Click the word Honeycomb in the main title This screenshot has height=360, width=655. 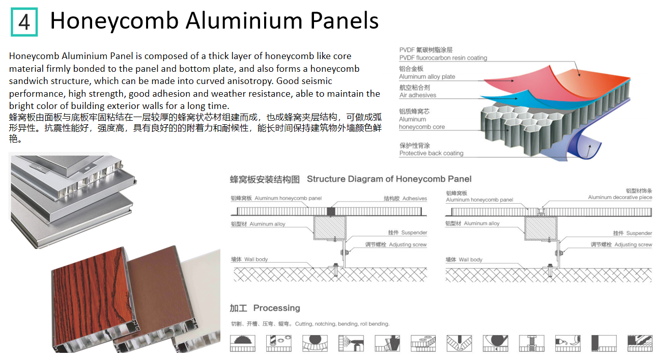click(x=114, y=21)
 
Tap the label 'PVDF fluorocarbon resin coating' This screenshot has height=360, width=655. click(x=443, y=58)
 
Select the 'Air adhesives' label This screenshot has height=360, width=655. click(x=418, y=95)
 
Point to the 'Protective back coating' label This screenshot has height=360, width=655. click(x=431, y=153)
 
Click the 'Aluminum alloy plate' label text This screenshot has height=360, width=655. click(x=427, y=77)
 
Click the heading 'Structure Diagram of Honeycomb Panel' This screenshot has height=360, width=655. click(x=389, y=179)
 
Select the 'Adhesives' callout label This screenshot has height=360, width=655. click(x=414, y=199)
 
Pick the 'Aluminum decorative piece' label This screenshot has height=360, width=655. click(x=619, y=198)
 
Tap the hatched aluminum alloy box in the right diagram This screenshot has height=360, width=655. click(x=540, y=228)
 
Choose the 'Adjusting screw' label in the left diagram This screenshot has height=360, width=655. click(x=408, y=245)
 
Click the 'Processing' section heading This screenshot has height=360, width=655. click(x=276, y=308)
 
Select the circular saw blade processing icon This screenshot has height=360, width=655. click(x=242, y=343)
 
